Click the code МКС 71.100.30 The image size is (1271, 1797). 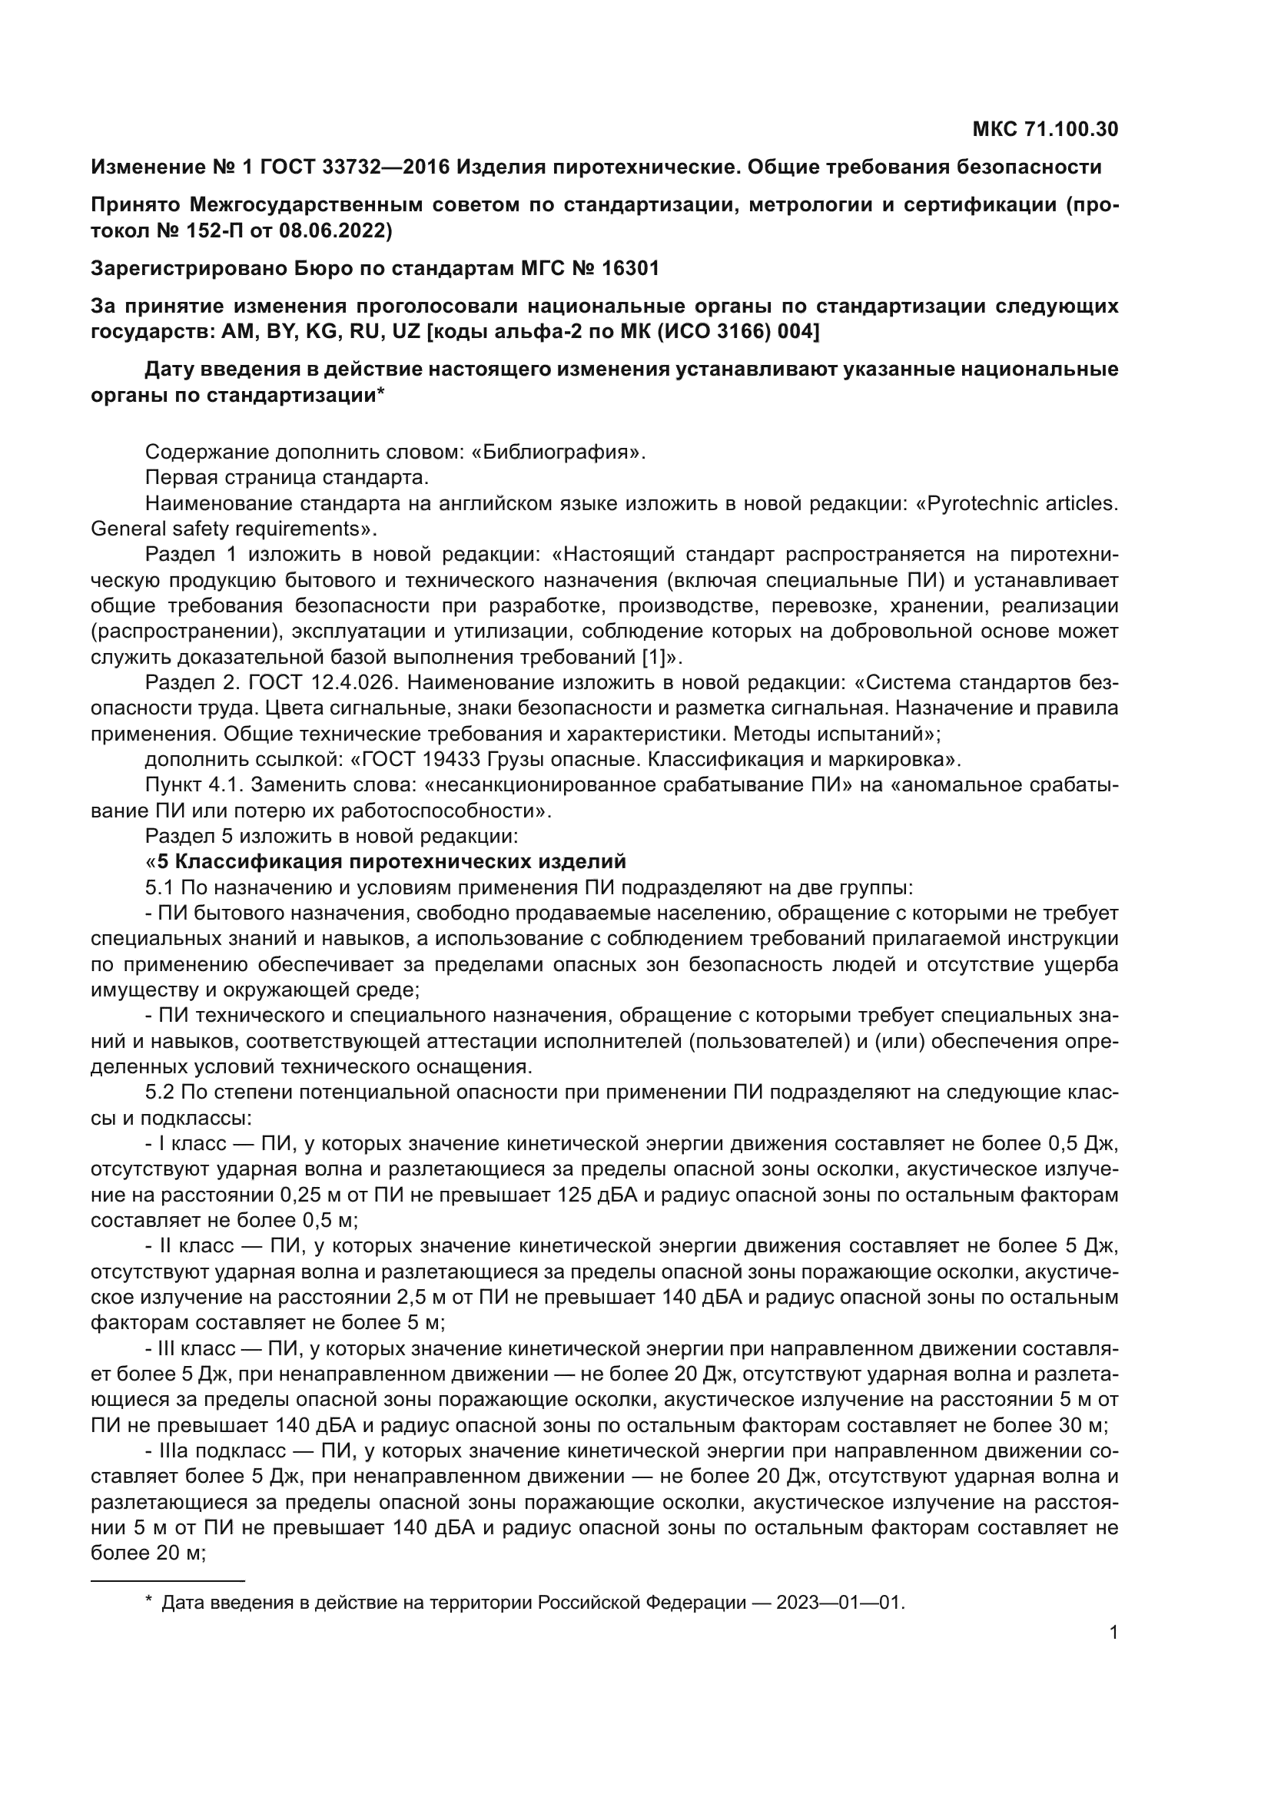(1045, 129)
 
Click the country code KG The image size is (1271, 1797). (320, 332)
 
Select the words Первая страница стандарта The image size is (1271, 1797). (287, 477)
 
